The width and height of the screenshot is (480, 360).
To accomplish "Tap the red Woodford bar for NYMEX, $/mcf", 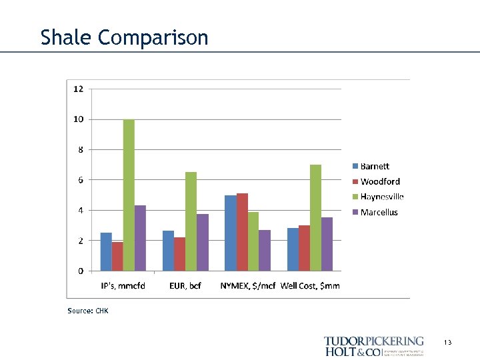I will [242, 232].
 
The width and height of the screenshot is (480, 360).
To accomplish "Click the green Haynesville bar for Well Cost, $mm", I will [315, 217].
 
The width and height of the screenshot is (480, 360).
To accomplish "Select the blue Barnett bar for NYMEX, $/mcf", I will [231, 233].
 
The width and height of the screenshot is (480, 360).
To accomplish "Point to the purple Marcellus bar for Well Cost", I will [327, 244].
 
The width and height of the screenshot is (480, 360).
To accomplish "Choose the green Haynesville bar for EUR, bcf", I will [191, 221].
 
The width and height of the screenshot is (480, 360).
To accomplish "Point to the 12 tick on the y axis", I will [79, 89].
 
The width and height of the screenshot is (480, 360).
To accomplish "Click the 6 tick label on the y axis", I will [81, 180].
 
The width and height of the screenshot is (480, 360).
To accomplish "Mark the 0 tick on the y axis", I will [81, 271].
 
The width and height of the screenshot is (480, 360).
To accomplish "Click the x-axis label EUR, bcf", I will [185, 286].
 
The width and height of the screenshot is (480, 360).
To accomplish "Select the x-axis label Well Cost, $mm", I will [310, 286].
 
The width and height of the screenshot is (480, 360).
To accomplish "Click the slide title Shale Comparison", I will [124, 37].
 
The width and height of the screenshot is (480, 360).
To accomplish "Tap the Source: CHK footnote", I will [87, 311].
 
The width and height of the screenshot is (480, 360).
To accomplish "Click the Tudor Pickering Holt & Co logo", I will [374, 346].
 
